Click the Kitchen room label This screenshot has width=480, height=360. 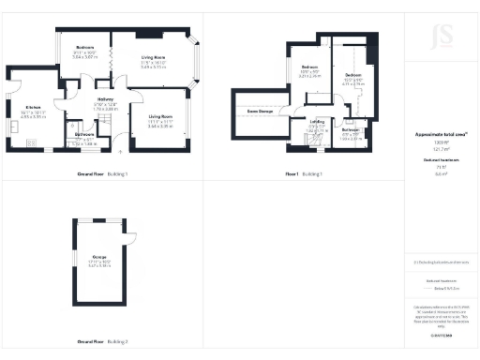click(x=34, y=107)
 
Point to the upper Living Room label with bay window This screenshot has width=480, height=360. click(x=153, y=57)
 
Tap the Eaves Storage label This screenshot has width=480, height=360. click(x=260, y=111)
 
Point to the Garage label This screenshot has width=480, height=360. click(x=97, y=256)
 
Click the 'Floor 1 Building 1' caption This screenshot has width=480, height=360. click(x=304, y=174)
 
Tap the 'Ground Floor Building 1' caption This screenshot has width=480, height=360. click(x=102, y=174)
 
